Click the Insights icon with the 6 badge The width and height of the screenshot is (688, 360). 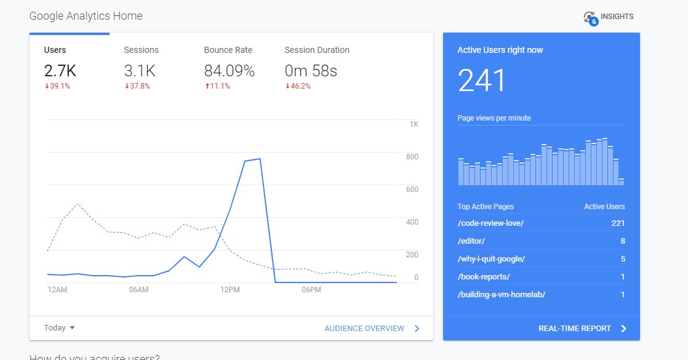pyautogui.click(x=591, y=18)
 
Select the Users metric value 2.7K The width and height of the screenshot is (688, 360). pyautogui.click(x=60, y=71)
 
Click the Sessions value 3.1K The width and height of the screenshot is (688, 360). pyautogui.click(x=139, y=71)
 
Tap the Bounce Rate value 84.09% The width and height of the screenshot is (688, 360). pyautogui.click(x=229, y=71)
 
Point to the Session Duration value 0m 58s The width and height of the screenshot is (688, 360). pyautogui.click(x=311, y=71)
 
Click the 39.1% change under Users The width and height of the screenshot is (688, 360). pyautogui.click(x=57, y=86)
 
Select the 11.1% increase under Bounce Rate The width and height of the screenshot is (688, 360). pyautogui.click(x=217, y=86)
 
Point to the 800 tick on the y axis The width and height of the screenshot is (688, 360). pyautogui.click(x=411, y=157)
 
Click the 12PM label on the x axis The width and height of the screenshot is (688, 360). pyautogui.click(x=230, y=290)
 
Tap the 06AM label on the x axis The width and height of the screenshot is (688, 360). pyautogui.click(x=138, y=290)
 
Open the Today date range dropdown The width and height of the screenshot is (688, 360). pyautogui.click(x=60, y=328)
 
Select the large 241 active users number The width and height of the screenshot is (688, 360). pyautogui.click(x=482, y=81)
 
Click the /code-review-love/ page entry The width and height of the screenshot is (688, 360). pyautogui.click(x=490, y=223)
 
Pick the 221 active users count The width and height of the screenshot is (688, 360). pyautogui.click(x=618, y=223)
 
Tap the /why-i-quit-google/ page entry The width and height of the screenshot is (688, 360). pyautogui.click(x=491, y=259)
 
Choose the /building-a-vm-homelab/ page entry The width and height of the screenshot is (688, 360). pyautogui.click(x=501, y=295)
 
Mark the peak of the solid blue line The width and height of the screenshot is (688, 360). pyautogui.click(x=260, y=159)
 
